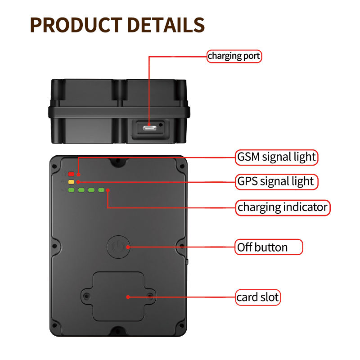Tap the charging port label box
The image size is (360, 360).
point(234,56)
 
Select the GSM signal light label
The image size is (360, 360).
point(277,157)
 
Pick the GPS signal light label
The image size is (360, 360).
point(275,181)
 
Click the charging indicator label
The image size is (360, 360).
point(283,207)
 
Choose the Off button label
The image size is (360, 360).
point(269,247)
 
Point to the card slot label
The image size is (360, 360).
point(258,297)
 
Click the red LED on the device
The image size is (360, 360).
point(71,174)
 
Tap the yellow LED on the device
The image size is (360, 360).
point(71,182)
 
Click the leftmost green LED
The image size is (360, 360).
point(71,190)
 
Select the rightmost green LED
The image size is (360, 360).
point(101,190)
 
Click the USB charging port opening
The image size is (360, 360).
point(150,128)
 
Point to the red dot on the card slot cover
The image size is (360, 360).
point(128,297)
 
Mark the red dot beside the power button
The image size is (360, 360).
point(128,247)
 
